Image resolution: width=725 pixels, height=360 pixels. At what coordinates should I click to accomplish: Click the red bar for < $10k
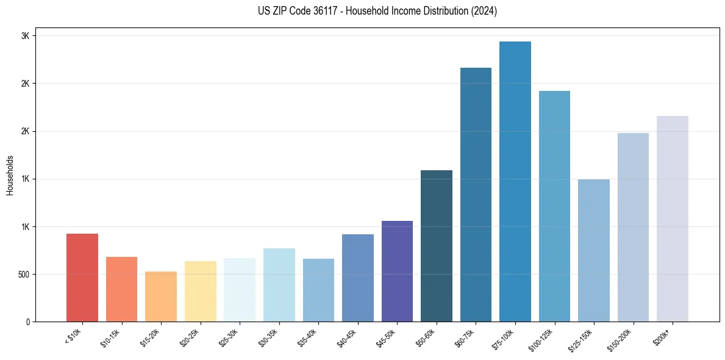(82, 278)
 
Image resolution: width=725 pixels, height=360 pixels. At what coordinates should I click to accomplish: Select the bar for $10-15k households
(121, 289)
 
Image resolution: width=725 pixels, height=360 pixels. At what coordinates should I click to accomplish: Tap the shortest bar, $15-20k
(161, 297)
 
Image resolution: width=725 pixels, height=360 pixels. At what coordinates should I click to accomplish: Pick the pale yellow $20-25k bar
(201, 292)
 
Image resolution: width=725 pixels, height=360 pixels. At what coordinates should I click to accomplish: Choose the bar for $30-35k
(279, 285)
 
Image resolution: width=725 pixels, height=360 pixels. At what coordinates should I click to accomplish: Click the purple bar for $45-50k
(397, 272)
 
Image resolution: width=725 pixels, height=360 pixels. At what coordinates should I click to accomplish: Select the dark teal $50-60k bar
(437, 246)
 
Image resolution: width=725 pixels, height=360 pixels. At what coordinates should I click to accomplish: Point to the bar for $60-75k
(476, 195)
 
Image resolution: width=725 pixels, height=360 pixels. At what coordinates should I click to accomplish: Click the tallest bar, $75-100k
(515, 182)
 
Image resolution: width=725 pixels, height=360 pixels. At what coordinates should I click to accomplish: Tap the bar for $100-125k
(554, 206)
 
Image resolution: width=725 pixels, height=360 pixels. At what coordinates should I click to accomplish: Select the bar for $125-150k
(594, 250)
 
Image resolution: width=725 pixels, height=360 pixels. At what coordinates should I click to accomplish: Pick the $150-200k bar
(633, 227)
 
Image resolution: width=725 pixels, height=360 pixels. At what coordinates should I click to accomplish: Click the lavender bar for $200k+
(673, 218)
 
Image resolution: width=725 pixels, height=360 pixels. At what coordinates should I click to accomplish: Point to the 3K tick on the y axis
(25, 36)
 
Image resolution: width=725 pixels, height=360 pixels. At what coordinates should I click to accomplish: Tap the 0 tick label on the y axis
(27, 322)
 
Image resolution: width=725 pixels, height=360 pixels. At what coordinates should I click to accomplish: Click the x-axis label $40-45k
(347, 337)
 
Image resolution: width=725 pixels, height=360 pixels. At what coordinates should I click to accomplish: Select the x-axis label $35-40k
(308, 337)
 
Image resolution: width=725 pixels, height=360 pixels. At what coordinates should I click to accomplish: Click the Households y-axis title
(10, 175)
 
